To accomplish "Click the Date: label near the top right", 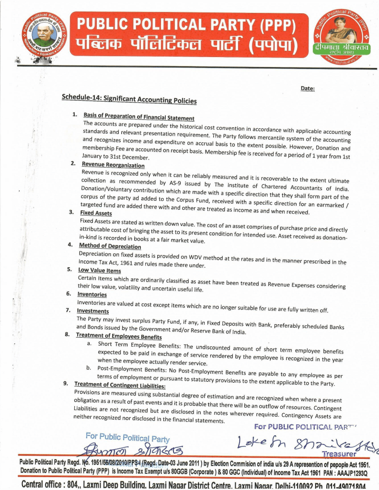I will pos(308,88).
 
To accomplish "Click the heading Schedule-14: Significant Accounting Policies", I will pos(129,98).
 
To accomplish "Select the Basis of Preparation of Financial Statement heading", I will pos(139,117).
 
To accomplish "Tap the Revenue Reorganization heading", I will pos(113,165).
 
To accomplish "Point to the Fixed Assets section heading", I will pos(96,213).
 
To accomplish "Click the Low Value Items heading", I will pos(99,270).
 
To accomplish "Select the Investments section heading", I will pos(93,311).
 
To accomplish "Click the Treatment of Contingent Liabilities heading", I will pos(120,385).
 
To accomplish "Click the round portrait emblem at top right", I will pos(341,36).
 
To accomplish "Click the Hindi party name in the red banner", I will pos(186,46).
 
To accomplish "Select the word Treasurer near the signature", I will pos(339,454).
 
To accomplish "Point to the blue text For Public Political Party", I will pos(127,437).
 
